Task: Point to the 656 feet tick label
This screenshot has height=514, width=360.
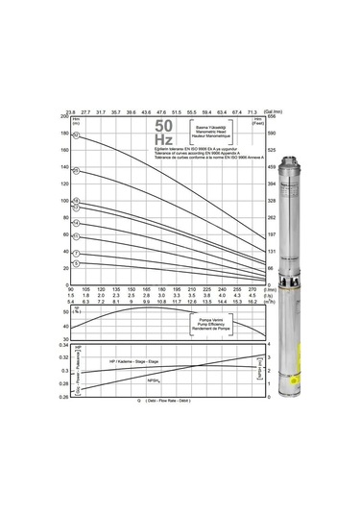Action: (271, 116)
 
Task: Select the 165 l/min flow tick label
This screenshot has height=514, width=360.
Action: (146, 288)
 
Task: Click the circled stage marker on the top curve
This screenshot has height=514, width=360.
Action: (76, 136)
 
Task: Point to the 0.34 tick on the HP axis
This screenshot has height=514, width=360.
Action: (64, 345)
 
